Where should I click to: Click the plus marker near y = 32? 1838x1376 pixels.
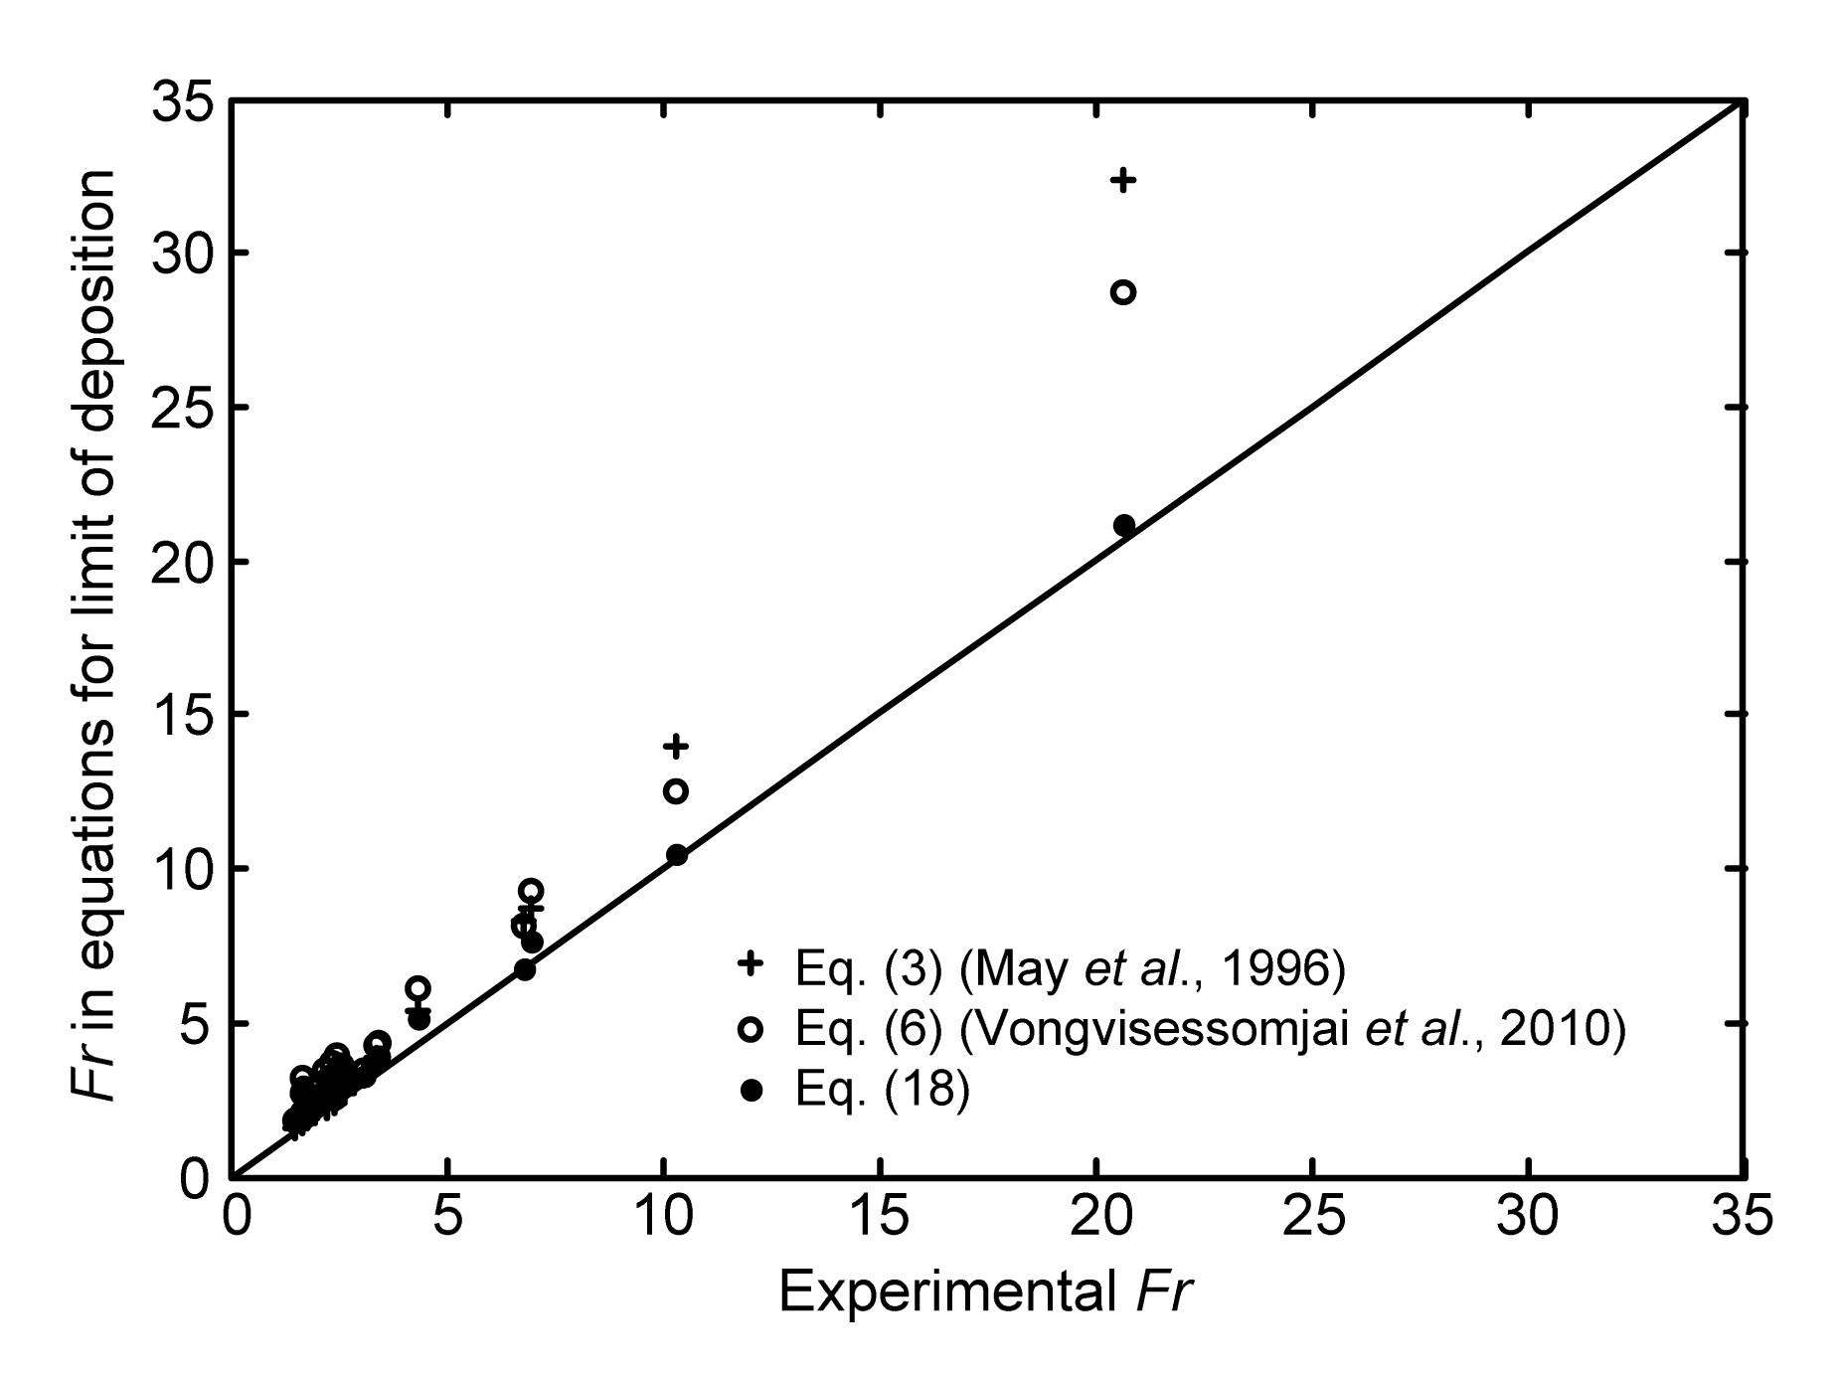[1123, 180]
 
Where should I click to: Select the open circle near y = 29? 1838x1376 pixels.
[1123, 292]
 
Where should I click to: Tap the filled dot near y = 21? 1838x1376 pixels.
[1124, 525]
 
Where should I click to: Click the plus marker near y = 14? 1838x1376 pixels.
[677, 745]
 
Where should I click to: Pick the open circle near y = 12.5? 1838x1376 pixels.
[676, 791]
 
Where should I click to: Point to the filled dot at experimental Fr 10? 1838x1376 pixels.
[677, 855]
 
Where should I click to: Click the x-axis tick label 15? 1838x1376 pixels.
[881, 1219]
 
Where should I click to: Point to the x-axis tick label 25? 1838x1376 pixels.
[1312, 1219]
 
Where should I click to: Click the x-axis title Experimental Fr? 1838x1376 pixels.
[985, 1294]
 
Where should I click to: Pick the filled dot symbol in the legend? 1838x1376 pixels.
[752, 1091]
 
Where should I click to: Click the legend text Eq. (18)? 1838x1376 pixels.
[882, 1091]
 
